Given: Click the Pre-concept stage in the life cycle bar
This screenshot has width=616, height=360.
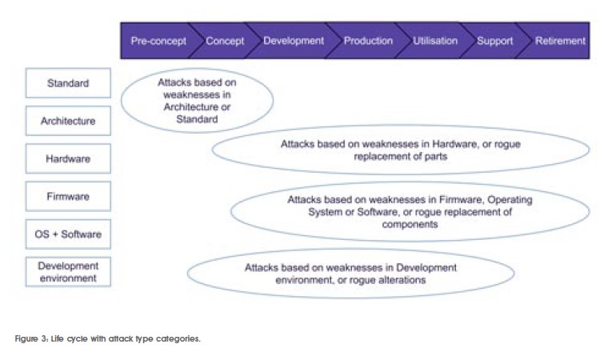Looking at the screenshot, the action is tap(158, 41).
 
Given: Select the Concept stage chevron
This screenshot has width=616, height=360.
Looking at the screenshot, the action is tap(225, 41).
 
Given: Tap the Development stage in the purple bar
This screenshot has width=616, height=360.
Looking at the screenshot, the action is tap(294, 41).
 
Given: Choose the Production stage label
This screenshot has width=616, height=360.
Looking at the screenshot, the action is tap(368, 41).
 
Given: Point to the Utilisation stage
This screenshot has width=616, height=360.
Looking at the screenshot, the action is tap(435, 41).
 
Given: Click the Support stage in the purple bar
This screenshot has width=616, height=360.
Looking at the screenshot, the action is tap(494, 41).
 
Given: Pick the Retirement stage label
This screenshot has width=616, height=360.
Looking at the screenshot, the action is tap(560, 41).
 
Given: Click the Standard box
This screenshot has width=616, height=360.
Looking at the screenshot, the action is tap(68, 83).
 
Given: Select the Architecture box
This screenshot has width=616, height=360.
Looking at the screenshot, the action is tap(68, 121).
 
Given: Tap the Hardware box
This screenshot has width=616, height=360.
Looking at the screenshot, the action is tap(68, 158).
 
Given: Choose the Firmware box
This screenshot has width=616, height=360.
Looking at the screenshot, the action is tap(68, 196).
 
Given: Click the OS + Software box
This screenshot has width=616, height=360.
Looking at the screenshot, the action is tap(68, 234).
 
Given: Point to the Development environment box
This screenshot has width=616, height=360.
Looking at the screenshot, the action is tap(68, 271).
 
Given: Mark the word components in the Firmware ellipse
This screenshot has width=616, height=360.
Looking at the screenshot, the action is tap(410, 225).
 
